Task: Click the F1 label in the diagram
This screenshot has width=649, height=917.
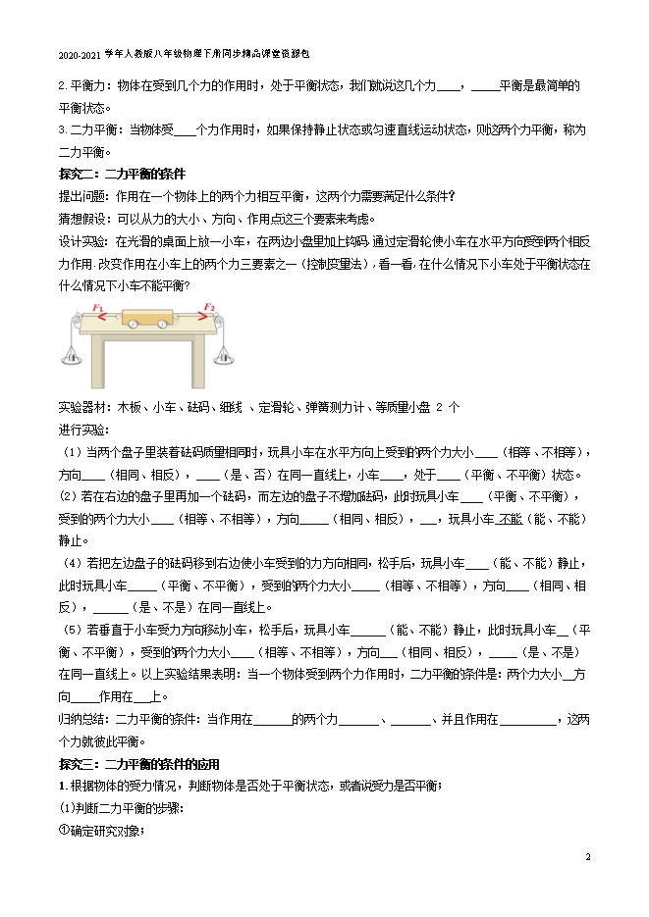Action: [98, 308]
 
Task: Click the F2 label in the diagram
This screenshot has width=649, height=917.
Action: [210, 308]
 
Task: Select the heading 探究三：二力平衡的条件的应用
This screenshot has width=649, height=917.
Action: [138, 764]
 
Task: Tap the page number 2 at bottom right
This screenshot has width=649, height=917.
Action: [587, 857]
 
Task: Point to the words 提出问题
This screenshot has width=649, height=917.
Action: [83, 194]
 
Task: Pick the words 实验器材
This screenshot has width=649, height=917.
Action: [83, 406]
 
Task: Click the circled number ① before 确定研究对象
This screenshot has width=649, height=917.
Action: [65, 832]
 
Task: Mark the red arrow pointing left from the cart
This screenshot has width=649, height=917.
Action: [102, 317]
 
